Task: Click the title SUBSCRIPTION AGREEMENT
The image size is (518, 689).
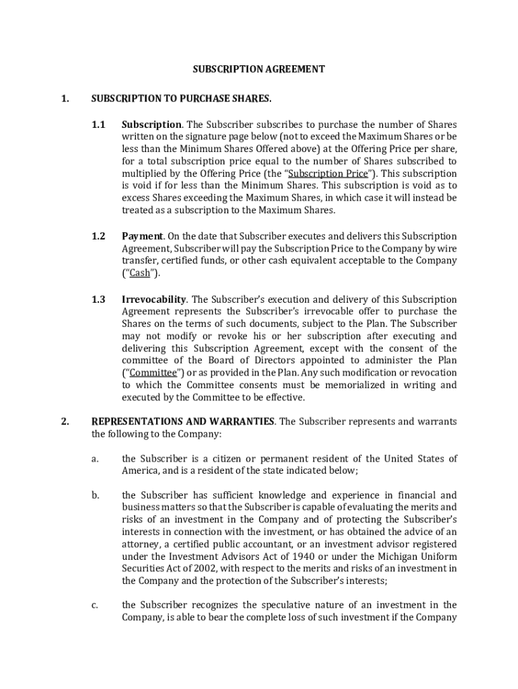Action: click(259, 69)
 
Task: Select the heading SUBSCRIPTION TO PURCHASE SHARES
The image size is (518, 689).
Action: click(181, 99)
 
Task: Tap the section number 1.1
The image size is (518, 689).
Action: click(98, 124)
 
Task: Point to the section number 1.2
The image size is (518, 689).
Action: click(98, 236)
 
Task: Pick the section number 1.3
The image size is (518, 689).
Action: click(98, 299)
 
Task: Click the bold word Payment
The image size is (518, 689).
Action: click(142, 236)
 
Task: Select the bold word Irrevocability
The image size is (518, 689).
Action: click(153, 299)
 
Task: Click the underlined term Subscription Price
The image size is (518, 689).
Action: click(328, 174)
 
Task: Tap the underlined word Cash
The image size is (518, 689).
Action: click(139, 273)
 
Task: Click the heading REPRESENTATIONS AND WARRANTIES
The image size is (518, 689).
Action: click(182, 422)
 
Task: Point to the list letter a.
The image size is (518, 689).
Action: click(95, 459)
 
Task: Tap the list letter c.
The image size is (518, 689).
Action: click(95, 606)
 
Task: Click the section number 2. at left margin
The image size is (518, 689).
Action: click(65, 422)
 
